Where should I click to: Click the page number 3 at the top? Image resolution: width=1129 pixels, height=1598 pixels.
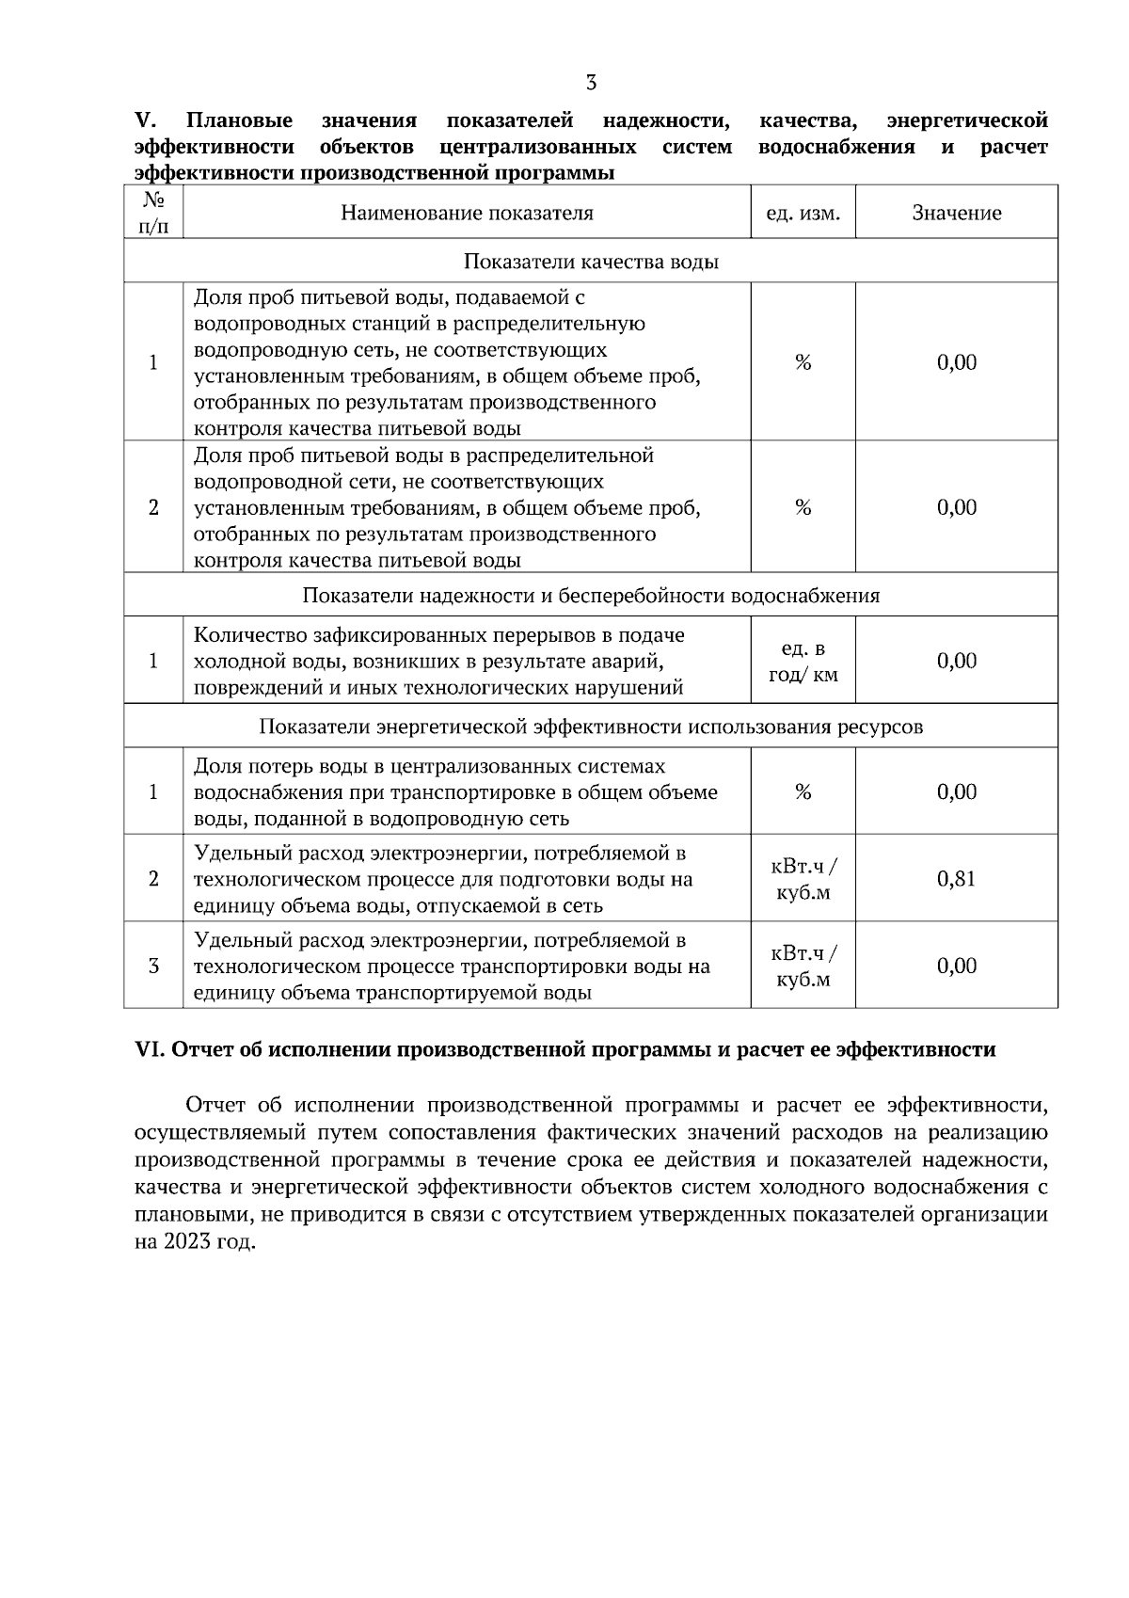591,83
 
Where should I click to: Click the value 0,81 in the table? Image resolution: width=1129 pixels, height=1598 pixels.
956,879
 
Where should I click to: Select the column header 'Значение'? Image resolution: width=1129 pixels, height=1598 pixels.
956,213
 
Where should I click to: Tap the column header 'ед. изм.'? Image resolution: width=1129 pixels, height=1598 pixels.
803,213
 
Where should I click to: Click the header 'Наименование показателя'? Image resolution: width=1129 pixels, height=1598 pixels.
467,213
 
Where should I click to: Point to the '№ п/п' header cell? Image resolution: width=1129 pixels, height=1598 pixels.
153,213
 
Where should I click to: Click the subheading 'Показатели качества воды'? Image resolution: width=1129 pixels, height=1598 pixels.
591,262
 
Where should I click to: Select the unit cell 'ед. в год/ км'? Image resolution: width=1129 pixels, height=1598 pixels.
803,662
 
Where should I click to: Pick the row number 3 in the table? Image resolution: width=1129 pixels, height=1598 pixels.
153,967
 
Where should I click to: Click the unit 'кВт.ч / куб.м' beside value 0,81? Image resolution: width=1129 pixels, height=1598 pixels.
803,879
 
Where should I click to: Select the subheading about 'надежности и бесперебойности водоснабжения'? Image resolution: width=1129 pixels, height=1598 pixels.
591,596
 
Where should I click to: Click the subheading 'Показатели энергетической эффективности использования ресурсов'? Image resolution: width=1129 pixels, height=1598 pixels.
591,727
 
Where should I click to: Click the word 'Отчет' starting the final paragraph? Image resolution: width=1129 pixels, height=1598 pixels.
217,1104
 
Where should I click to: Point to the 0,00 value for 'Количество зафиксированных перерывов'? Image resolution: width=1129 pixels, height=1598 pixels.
956,661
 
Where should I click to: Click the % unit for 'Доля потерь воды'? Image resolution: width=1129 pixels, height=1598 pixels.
803,792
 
